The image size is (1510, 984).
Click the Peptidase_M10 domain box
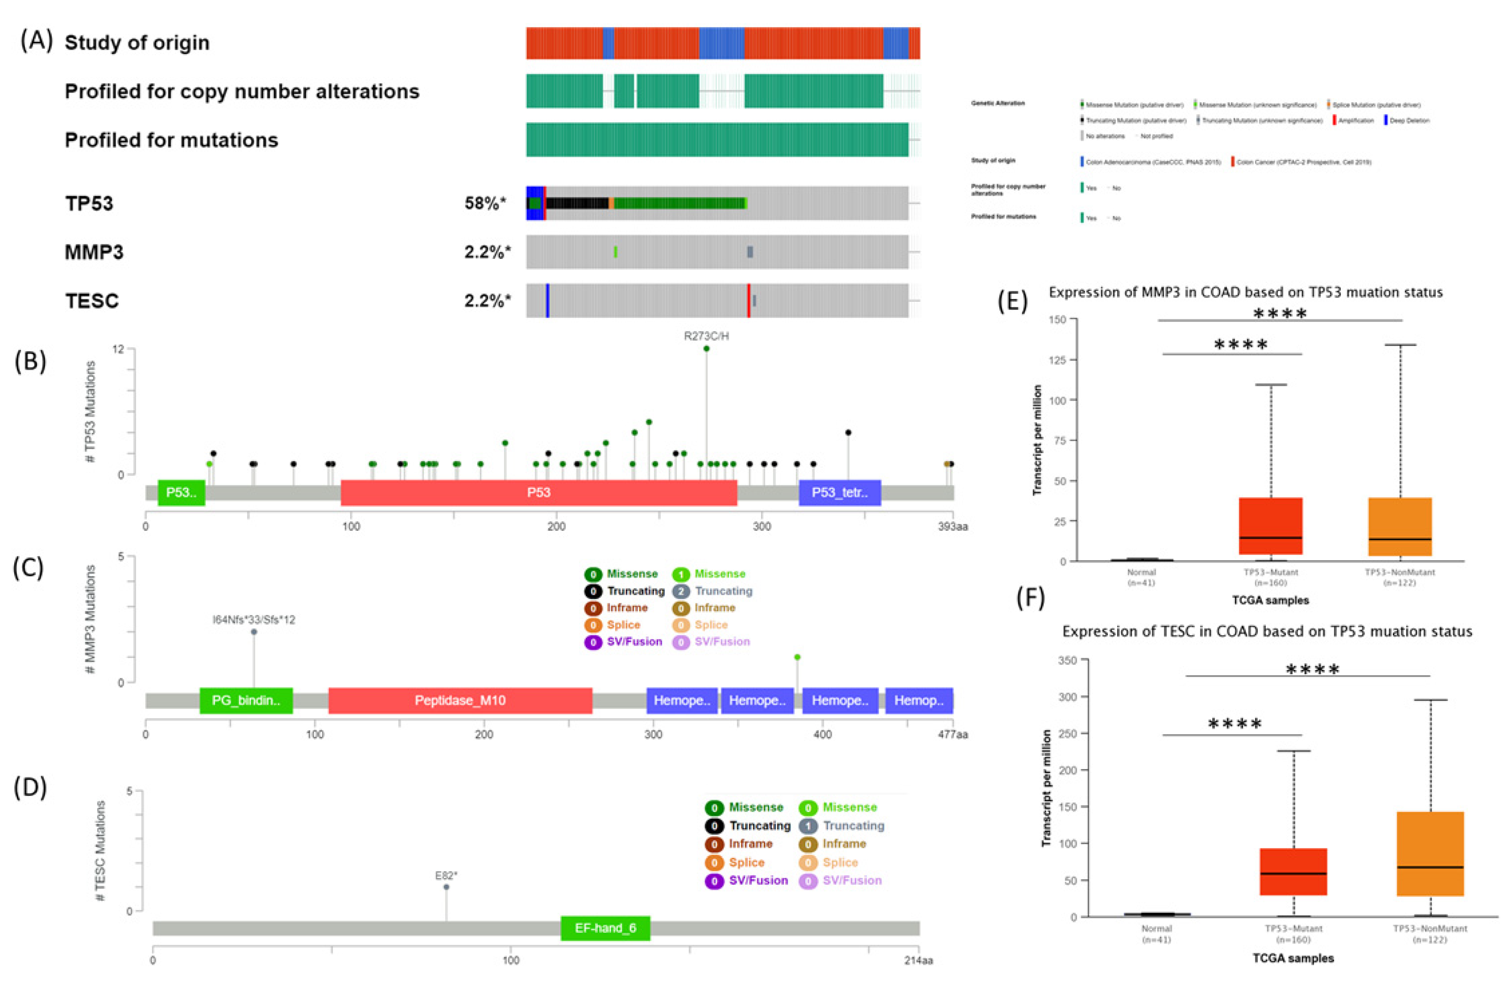[x=460, y=700]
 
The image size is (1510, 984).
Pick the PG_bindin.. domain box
[x=246, y=700]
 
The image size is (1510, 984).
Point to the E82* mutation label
[x=446, y=876]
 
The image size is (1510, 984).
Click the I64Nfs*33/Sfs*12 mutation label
[x=254, y=620]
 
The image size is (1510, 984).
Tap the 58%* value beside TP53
[x=486, y=203]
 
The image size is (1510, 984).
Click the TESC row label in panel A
[x=92, y=301]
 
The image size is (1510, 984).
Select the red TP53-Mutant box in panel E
[x=1270, y=526]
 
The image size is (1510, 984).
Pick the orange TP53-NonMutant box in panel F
[x=1430, y=853]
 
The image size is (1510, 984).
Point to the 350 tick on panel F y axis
[x=1067, y=660]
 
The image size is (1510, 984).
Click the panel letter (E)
[x=1013, y=301]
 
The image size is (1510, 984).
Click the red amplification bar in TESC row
[x=749, y=301]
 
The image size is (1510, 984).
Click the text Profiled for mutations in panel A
[x=171, y=140]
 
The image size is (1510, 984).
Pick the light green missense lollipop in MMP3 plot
[x=797, y=657]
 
